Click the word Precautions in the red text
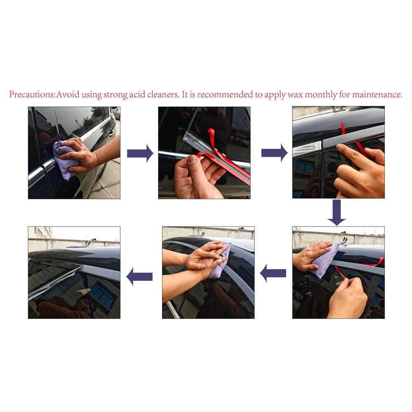32,95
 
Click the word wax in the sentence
295,95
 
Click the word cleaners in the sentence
163,95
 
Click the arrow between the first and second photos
140,153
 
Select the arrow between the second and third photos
274,153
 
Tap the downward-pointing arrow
337,212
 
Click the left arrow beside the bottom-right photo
273,273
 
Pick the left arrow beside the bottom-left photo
139,277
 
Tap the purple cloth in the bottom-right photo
325,260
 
